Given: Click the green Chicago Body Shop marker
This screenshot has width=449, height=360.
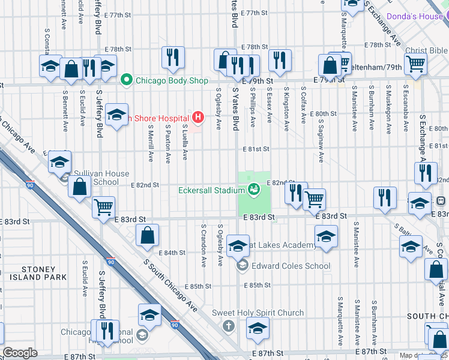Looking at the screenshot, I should click(126, 80).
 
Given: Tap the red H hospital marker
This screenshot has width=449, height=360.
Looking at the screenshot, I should click(196, 118).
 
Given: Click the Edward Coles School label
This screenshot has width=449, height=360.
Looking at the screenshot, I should click(291, 266).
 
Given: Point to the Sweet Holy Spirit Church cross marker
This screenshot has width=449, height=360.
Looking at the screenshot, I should click(228, 326).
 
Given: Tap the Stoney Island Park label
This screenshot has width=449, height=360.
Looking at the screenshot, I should click(41, 274).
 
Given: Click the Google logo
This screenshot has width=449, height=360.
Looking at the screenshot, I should click(20, 353).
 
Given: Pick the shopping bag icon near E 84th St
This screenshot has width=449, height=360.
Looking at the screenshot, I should click(148, 236).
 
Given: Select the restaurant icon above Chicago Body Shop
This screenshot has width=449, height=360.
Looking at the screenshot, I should click(172, 58).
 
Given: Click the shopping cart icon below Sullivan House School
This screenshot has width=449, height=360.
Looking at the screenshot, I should click(103, 207).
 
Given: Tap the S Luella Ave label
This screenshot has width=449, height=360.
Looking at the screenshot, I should click(185, 142).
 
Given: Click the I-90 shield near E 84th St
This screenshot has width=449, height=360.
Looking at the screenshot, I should click(110, 262).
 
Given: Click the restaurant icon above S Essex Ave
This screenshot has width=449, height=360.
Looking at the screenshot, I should click(280, 59).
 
